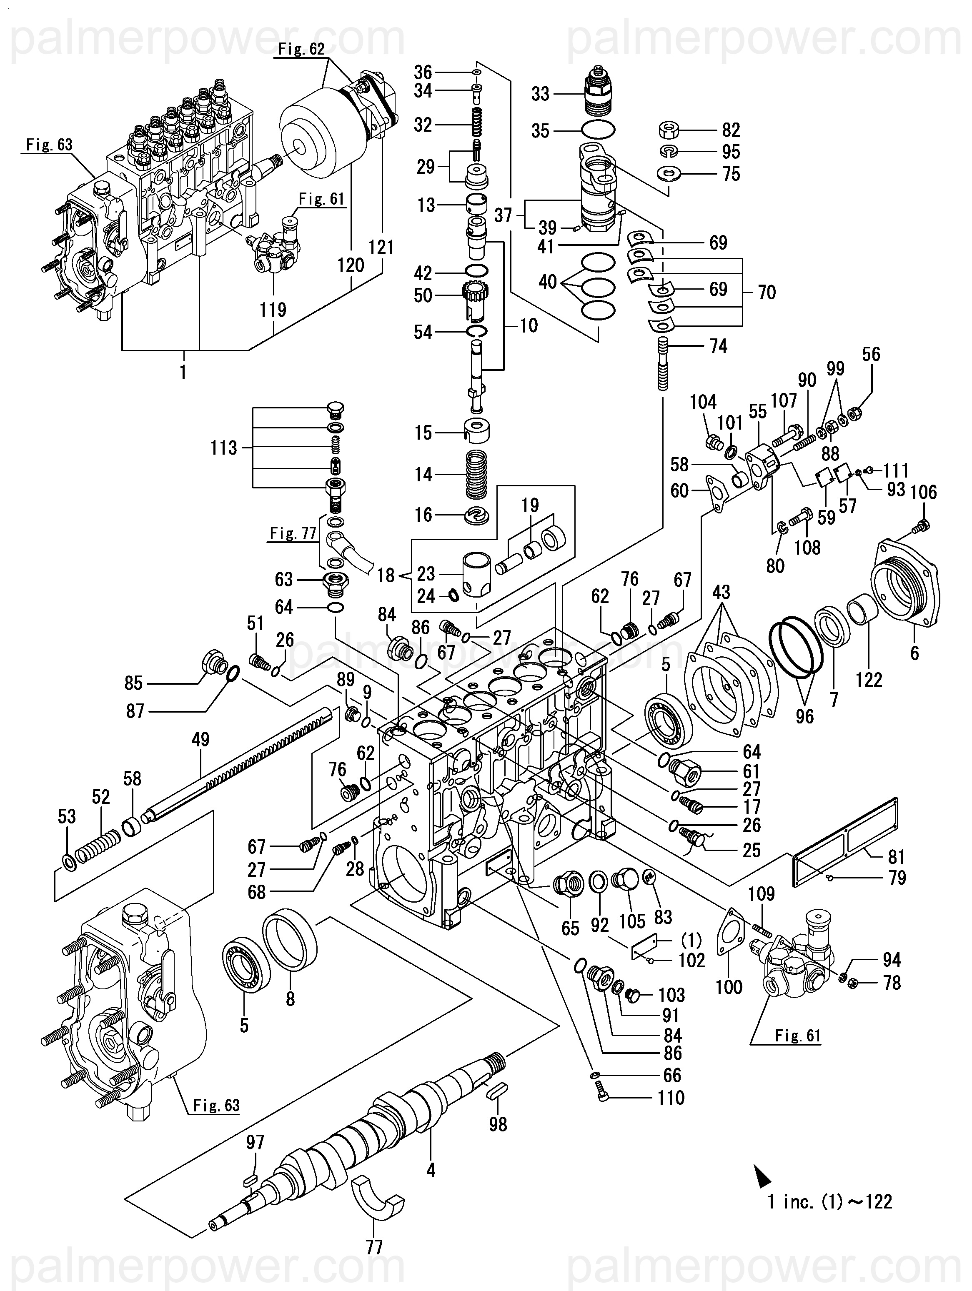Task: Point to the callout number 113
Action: pos(223,448)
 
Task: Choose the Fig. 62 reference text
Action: pos(301,49)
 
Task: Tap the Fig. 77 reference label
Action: pos(293,533)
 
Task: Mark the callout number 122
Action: pos(869,679)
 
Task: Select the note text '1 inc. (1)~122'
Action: pos(829,1202)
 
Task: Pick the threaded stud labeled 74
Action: pos(663,365)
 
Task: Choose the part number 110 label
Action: pos(671,1098)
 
